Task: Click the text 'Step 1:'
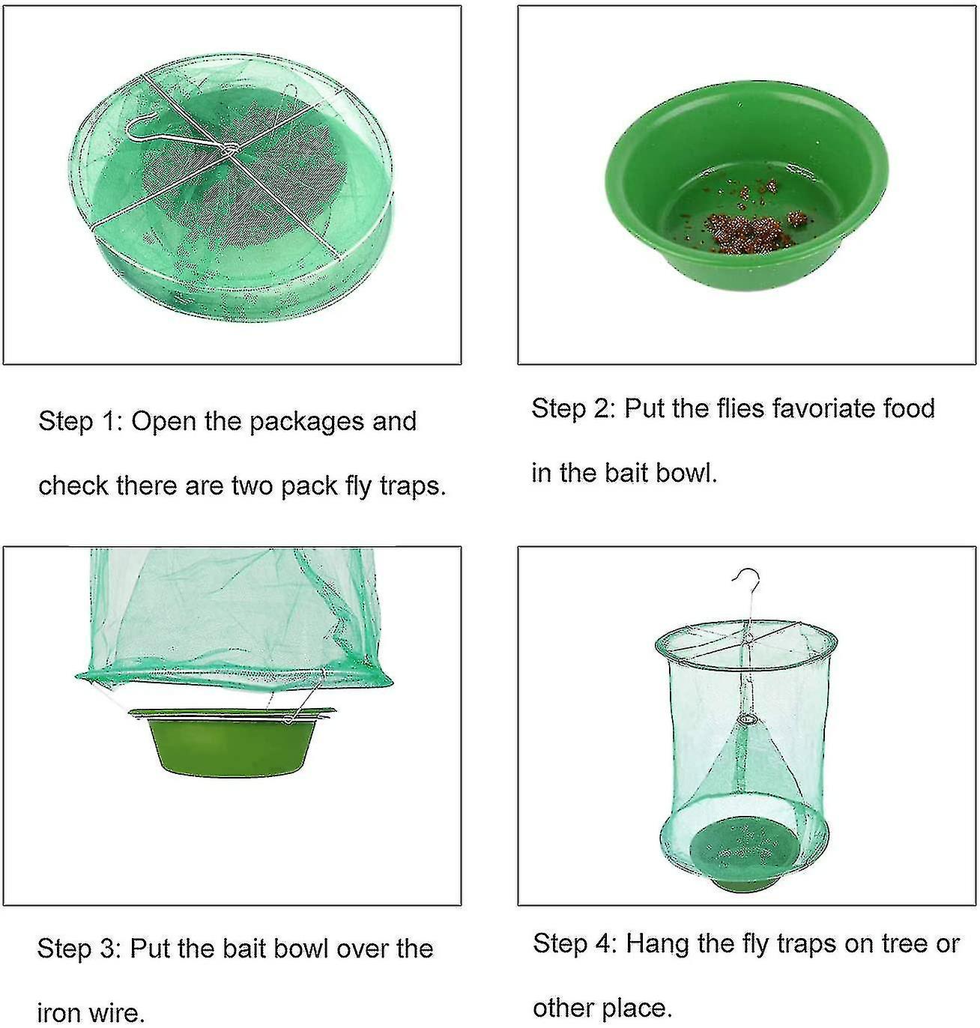(78, 421)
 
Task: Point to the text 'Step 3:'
(77, 949)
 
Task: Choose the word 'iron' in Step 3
(58, 1013)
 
